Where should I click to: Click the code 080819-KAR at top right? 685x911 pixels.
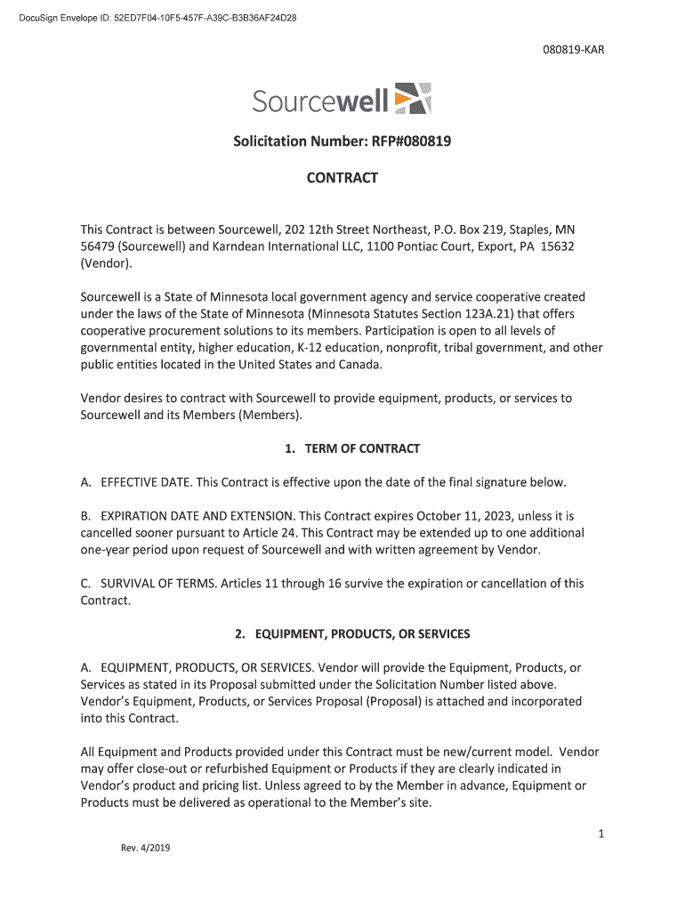tap(574, 50)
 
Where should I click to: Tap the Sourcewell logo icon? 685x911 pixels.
tap(413, 99)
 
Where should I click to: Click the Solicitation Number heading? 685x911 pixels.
tap(342, 141)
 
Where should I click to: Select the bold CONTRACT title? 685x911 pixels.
tap(342, 178)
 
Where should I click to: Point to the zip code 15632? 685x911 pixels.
tap(557, 246)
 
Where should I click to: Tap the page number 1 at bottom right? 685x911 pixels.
tap(601, 834)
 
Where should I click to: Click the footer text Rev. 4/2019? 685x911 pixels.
tap(145, 848)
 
